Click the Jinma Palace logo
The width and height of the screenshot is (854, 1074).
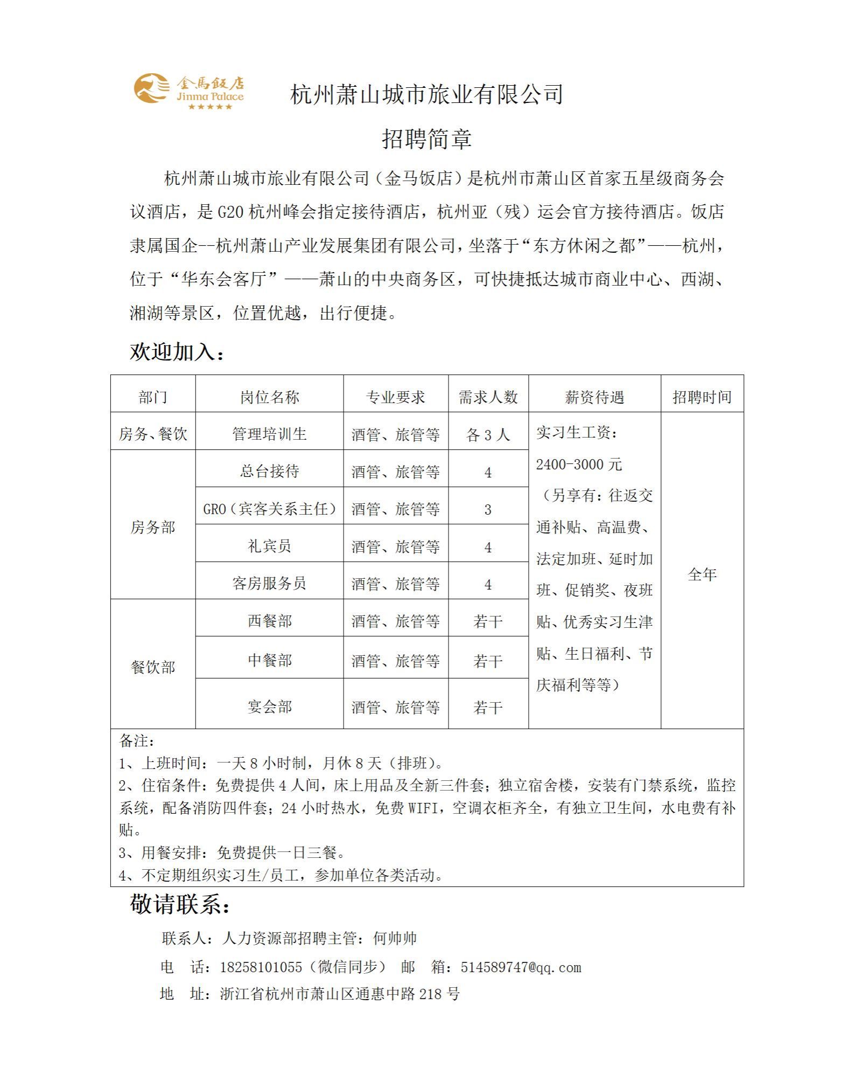tap(188, 91)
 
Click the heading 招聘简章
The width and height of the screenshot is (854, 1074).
tap(426, 139)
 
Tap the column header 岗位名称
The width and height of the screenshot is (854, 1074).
tap(269, 397)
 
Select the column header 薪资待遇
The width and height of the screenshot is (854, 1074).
tap(594, 397)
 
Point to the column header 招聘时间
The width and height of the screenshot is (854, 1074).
tap(702, 397)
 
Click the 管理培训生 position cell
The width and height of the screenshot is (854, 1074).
tap(269, 434)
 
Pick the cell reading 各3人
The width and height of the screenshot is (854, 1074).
tap(488, 434)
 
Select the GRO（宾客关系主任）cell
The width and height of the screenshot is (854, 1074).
tap(269, 509)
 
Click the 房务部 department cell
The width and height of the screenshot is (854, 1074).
tap(153, 527)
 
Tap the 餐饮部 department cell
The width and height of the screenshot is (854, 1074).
tap(153, 667)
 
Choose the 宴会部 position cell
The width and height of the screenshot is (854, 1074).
tap(269, 706)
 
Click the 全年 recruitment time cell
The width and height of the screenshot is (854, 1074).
tap(702, 574)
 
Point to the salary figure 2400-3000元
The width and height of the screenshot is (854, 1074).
tap(579, 464)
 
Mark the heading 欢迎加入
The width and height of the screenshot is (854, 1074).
tap(177, 352)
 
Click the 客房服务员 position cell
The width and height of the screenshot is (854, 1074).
tap(269, 583)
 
